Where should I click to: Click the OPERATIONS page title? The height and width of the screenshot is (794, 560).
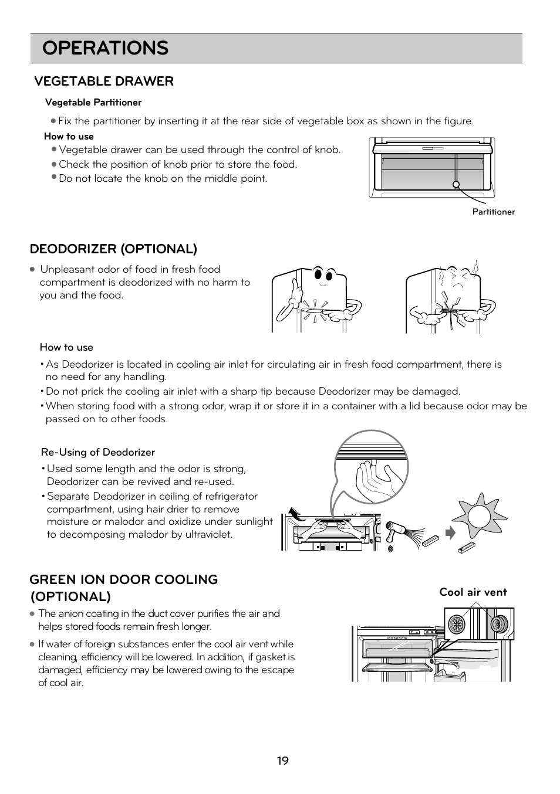click(106, 48)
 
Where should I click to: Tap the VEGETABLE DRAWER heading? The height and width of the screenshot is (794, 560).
click(104, 81)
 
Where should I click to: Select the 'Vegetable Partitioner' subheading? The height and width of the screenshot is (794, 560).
click(93, 102)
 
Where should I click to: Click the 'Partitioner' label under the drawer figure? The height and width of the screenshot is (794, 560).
click(493, 212)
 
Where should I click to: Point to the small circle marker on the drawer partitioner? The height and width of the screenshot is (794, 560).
click(456, 184)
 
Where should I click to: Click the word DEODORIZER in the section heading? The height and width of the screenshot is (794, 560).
click(73, 249)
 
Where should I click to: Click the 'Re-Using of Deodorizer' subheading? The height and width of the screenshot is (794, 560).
click(98, 452)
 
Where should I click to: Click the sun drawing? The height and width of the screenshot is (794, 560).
click(479, 517)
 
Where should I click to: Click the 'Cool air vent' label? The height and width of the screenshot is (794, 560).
click(473, 592)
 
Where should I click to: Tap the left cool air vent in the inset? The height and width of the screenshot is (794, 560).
click(457, 623)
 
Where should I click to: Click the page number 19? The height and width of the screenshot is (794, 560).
click(282, 761)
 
